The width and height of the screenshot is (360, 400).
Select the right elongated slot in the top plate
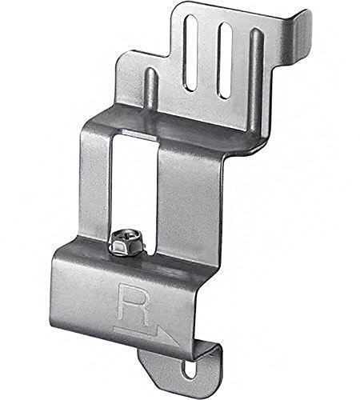pos(225,60)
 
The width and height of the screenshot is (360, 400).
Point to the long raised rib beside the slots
pos(255,80)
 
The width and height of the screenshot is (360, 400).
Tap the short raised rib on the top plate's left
pos(150,86)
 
